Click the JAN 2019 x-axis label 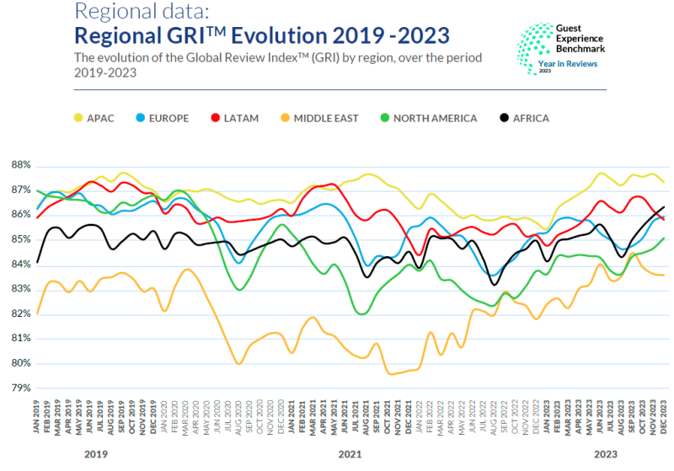click(38, 418)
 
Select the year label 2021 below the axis click(351, 456)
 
